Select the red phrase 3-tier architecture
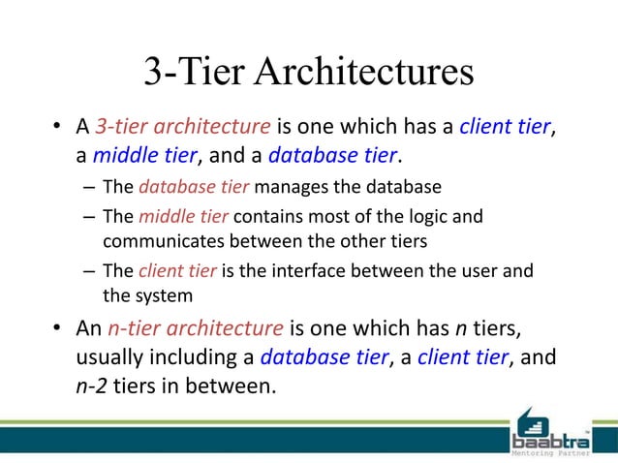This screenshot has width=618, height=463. click(183, 126)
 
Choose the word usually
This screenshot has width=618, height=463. click(110, 357)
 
